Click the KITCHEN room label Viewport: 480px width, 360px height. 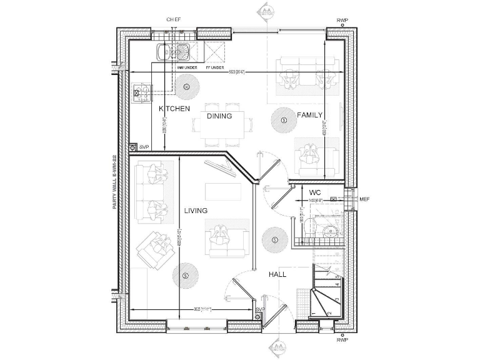[174, 109]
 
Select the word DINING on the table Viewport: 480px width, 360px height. [219, 116]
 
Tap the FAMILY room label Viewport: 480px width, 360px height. [309, 115]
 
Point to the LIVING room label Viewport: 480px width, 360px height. [196, 211]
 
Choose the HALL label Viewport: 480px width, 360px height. [277, 274]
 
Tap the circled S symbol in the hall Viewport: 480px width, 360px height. [274, 239]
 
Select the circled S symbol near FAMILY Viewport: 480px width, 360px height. [284, 119]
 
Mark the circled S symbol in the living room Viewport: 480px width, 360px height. [184, 275]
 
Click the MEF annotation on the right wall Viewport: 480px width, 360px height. [365, 199]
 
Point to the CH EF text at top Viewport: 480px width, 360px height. [173, 20]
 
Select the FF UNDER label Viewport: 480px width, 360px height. [214, 67]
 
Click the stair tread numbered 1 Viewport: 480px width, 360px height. [312, 313]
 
